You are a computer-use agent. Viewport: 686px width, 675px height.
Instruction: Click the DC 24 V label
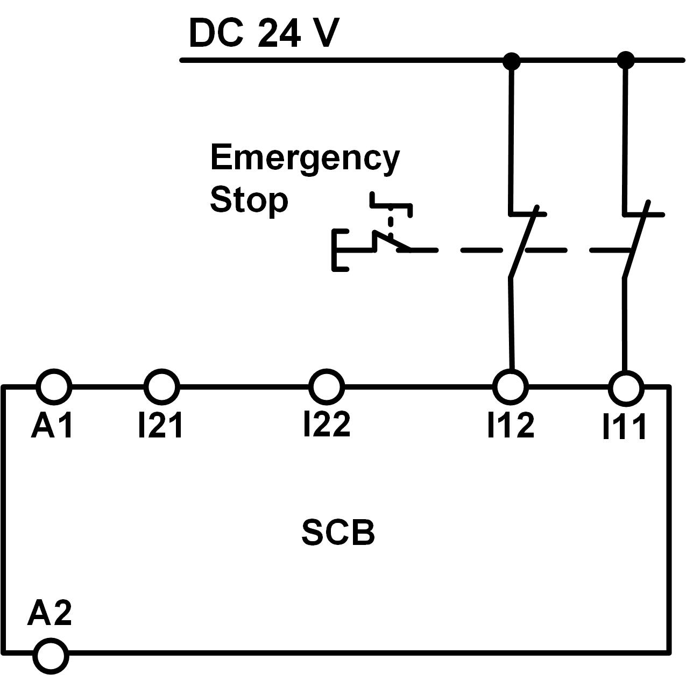pos(264,33)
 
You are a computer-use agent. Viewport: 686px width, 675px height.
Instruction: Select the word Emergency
pos(305,158)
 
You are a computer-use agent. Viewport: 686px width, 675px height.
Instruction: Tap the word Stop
pos(249,200)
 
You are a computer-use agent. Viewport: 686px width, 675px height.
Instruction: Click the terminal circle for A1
pos(54,386)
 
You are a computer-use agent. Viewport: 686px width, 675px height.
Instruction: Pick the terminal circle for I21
pos(161,386)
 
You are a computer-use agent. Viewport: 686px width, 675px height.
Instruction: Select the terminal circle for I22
pos(327,386)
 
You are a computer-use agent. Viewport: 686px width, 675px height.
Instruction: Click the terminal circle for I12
pos(511,386)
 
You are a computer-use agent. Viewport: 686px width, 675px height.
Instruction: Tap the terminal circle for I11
pos(625,387)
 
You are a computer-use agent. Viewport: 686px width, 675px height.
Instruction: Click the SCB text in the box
pos(338,533)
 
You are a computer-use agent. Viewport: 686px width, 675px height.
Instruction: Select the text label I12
pos(511,425)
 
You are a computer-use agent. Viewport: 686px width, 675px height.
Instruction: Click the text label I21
pos(160,425)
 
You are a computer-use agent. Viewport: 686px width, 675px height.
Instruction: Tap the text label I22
pos(327,423)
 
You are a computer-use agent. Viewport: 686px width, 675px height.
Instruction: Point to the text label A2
pos(49,613)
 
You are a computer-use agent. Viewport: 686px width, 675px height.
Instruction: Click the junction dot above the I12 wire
pos(511,61)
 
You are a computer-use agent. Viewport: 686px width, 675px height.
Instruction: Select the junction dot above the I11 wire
pos(625,60)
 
